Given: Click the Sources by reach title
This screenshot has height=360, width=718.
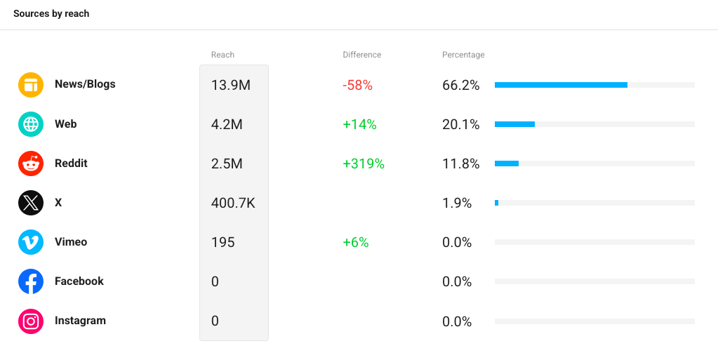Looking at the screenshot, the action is [51, 14].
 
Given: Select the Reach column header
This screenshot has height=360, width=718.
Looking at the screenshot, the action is [222, 55].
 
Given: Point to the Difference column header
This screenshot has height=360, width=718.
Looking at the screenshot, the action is [361, 55].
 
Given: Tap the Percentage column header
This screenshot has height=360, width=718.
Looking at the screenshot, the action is [463, 55].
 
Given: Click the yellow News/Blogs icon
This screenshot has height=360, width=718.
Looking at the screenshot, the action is [31, 85].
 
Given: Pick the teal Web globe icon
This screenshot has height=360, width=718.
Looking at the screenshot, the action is [31, 124].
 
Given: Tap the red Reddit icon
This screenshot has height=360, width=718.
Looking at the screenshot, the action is [31, 164].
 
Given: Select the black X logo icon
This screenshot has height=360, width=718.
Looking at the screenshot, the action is [31, 203].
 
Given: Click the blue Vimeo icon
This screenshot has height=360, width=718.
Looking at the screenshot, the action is [31, 242].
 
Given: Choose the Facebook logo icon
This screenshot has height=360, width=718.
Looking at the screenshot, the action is [31, 281].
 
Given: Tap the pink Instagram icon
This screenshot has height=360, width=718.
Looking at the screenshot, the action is [31, 321].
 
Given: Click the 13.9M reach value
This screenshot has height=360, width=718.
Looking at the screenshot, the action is [231, 85].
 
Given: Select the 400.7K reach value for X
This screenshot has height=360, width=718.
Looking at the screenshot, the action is [233, 203].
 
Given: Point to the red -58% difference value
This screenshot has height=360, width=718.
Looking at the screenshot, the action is [358, 85].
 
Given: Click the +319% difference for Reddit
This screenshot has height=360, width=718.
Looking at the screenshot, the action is [364, 164].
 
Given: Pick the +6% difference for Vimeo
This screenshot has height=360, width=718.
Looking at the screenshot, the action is [356, 242].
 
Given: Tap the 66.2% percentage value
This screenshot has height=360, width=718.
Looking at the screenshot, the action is [460, 85].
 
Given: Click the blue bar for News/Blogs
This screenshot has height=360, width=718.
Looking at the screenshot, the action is [561, 85].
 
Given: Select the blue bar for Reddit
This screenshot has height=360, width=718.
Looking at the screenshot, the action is [507, 164].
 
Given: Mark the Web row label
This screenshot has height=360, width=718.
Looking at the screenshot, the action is [65, 124].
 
